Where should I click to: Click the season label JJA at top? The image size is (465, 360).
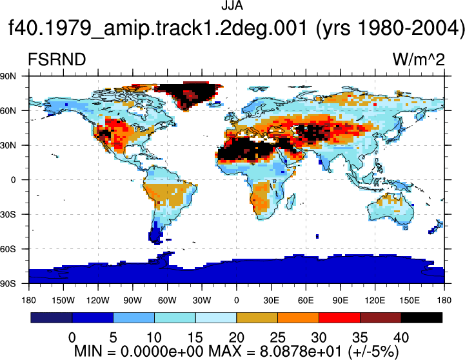click(x=232, y=5)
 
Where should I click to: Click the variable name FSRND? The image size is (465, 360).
click(x=57, y=59)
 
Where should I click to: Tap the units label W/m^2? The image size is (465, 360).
click(x=419, y=59)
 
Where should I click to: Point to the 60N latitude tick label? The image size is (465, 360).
click(x=8, y=111)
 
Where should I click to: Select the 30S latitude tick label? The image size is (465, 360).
click(x=8, y=214)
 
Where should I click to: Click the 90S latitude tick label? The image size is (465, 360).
click(x=8, y=284)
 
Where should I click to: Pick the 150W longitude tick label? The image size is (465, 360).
click(x=63, y=301)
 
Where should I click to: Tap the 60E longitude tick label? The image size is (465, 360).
click(x=306, y=301)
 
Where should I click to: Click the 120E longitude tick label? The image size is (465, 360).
click(x=375, y=301)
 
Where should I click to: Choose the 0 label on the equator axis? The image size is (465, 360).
click(x=13, y=180)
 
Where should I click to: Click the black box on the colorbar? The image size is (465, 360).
click(x=421, y=317)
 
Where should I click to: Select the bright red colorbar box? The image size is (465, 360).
click(x=339, y=317)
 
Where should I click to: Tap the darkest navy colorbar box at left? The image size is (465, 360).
click(x=52, y=317)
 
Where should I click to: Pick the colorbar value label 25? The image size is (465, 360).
click(x=277, y=337)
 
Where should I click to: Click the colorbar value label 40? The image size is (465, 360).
click(x=401, y=337)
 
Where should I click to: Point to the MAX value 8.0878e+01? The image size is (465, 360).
click(x=301, y=352)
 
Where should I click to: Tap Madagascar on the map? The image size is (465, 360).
click(x=292, y=201)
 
